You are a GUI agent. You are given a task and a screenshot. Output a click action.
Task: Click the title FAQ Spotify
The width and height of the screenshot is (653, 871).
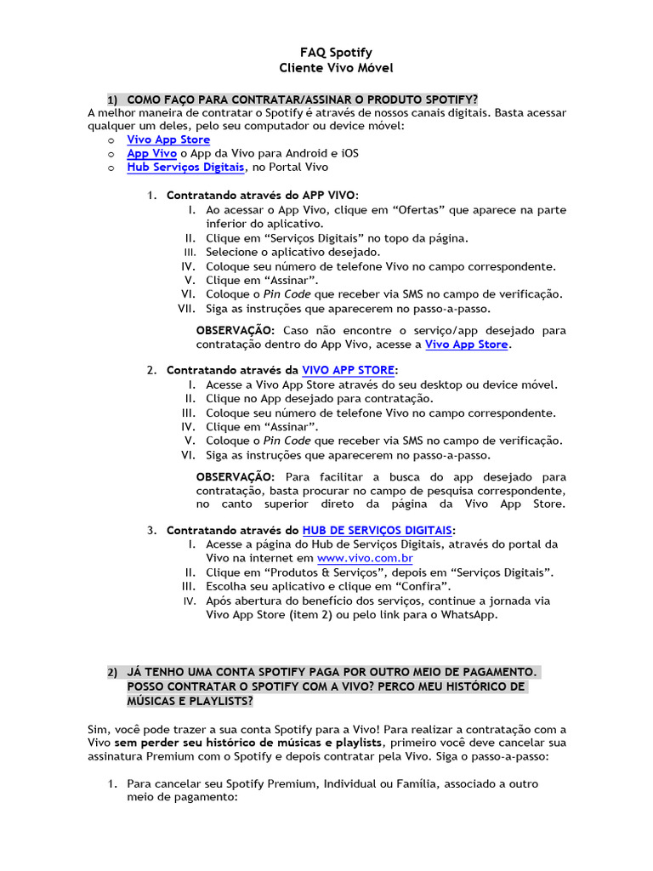pos(326,53)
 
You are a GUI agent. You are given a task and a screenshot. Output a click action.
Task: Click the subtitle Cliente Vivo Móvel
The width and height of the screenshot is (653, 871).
pos(326,67)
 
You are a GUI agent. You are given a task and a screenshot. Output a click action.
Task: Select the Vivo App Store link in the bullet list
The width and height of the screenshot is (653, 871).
pos(168,139)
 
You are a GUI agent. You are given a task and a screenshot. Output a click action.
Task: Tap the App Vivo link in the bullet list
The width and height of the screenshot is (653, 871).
pos(151,153)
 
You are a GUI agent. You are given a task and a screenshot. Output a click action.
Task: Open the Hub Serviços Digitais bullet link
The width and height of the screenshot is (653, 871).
pos(179,168)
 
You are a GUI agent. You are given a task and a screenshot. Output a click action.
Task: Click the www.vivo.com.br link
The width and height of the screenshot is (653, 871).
pos(365,558)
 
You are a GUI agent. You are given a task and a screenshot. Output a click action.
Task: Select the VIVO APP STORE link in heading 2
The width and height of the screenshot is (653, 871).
pos(348,370)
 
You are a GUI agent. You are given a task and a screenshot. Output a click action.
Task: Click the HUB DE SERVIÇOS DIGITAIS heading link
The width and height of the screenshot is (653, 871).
pos(378,530)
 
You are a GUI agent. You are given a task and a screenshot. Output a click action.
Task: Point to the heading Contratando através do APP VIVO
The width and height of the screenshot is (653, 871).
pos(262,195)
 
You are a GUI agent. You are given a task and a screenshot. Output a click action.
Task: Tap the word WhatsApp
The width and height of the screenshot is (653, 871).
pos(468,614)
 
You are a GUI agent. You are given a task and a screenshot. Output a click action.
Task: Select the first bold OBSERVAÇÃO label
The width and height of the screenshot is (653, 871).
pos(235,330)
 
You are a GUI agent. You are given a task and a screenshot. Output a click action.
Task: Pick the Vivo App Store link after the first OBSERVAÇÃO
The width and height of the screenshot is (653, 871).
pos(466,344)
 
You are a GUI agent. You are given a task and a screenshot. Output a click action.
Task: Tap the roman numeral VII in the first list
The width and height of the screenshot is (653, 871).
pos(187,309)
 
